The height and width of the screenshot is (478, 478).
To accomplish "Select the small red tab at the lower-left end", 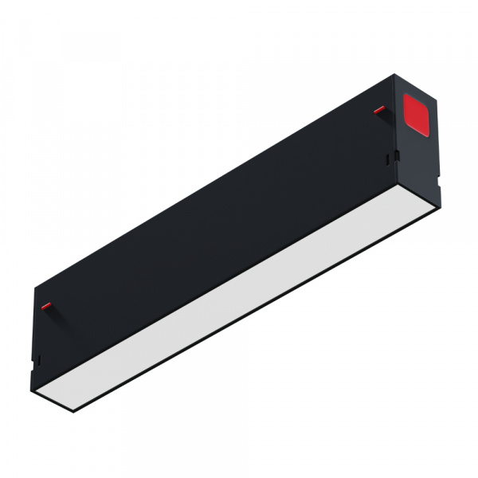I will (46, 305).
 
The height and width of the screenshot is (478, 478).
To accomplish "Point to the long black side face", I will (215, 215).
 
